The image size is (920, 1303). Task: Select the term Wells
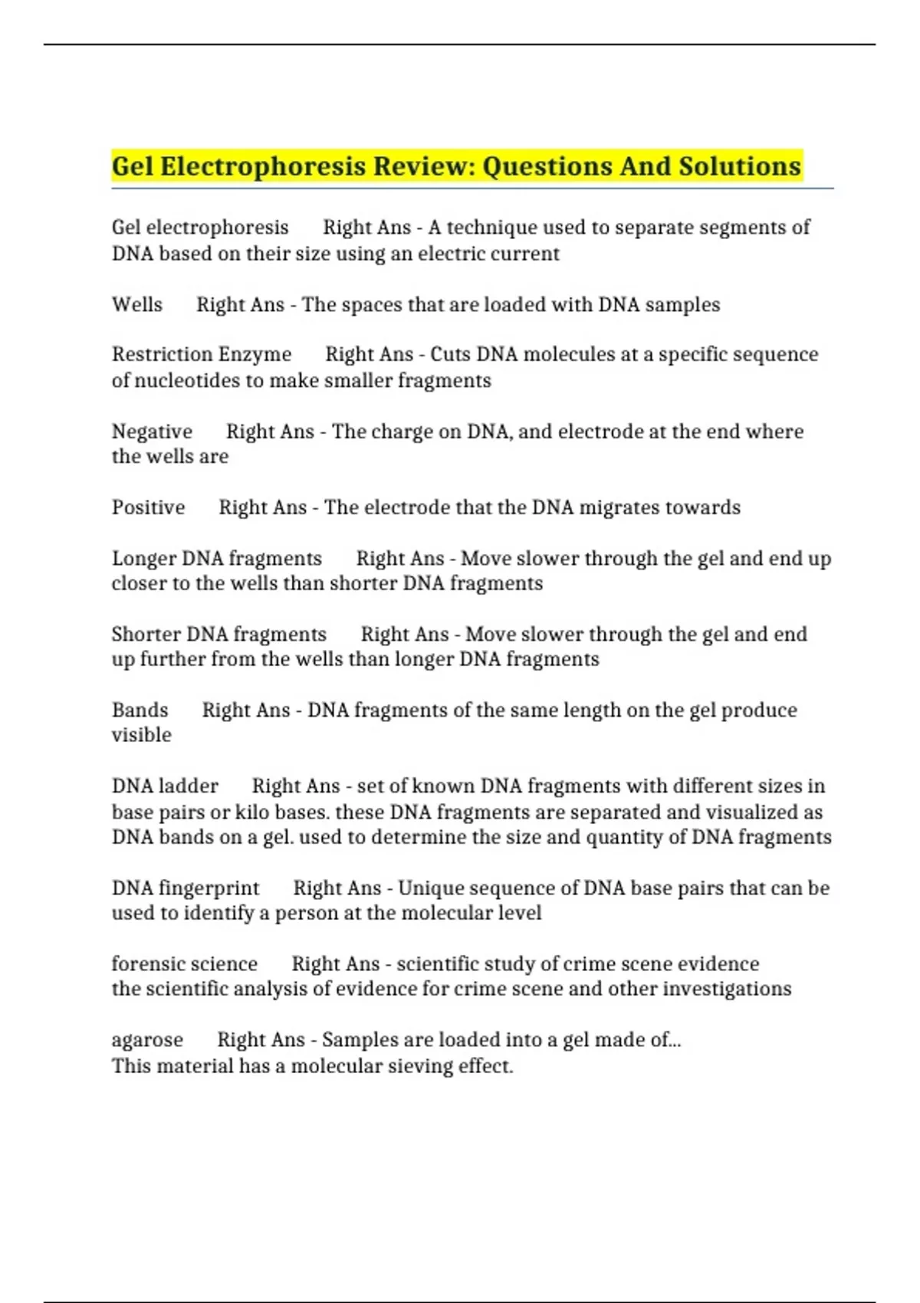(x=137, y=305)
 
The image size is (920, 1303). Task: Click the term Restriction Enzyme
(x=202, y=355)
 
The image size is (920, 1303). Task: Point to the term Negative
(x=152, y=432)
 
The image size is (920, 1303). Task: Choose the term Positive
(x=149, y=507)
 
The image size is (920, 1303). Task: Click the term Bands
(x=140, y=710)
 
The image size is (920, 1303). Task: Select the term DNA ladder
(x=165, y=786)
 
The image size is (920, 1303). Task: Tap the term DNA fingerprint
(x=186, y=888)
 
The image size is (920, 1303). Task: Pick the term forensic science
(x=185, y=964)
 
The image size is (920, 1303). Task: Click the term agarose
(x=147, y=1040)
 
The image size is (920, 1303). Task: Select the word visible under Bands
(x=142, y=735)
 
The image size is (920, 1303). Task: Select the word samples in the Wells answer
(x=682, y=305)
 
